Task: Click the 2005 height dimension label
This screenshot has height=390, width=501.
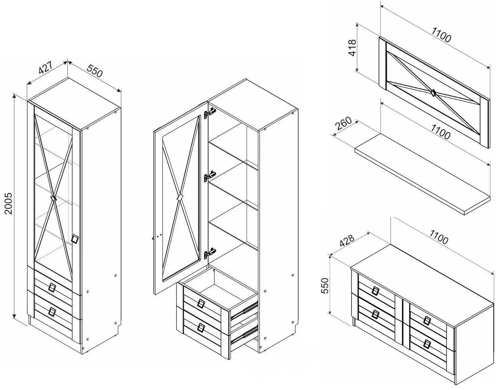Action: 8,203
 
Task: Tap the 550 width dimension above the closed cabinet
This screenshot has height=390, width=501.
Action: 94,71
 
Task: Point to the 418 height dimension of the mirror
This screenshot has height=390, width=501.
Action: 352,47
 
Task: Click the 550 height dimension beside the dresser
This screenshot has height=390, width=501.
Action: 325,285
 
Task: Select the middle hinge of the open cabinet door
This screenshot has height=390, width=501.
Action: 210,176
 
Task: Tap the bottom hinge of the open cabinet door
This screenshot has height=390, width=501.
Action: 209,253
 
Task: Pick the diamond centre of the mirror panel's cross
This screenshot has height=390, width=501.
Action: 433,92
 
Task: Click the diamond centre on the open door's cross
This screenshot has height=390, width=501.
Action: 180,198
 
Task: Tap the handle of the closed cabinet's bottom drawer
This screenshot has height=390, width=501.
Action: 52,312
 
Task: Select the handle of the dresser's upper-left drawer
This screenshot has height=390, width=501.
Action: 375,290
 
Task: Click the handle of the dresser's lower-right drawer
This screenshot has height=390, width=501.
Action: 427,344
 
